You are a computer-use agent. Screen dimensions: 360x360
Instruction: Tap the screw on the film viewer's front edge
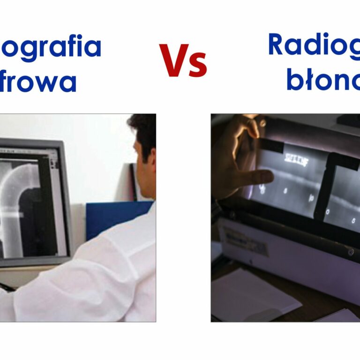tap(351, 252)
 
